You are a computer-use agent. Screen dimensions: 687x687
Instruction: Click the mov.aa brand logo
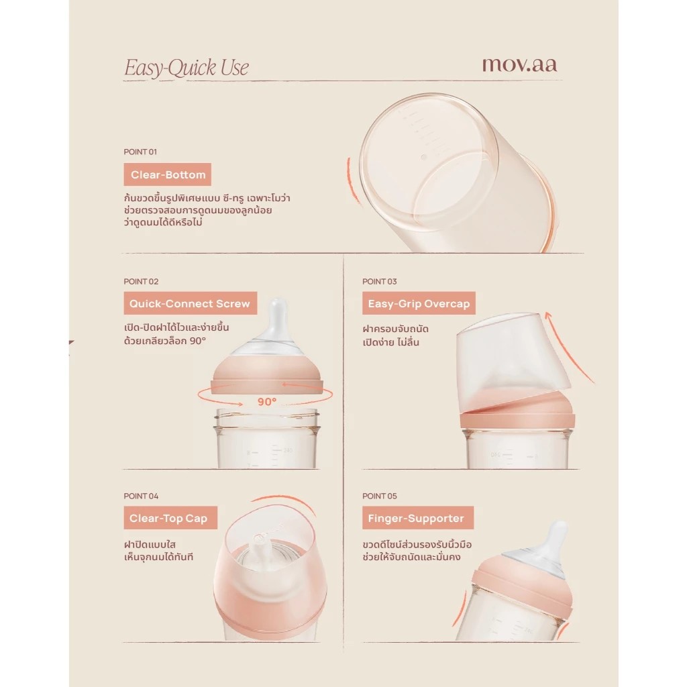click(520, 65)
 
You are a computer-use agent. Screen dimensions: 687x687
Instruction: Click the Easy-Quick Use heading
click(187, 68)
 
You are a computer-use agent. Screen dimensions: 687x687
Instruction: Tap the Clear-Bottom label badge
click(167, 174)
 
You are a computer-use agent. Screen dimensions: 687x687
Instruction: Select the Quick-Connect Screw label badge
click(190, 303)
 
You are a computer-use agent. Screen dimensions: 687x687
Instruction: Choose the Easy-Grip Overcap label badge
click(419, 303)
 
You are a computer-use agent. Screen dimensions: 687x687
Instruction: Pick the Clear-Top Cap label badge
click(170, 518)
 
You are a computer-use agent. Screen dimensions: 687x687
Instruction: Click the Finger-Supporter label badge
click(418, 518)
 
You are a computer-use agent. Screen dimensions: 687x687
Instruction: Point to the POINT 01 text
click(140, 152)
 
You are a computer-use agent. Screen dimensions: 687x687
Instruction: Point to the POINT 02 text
click(141, 281)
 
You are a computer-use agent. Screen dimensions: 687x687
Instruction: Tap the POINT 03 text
click(380, 281)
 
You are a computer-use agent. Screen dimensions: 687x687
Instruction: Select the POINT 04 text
click(141, 496)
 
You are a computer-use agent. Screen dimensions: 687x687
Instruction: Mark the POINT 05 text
click(380, 496)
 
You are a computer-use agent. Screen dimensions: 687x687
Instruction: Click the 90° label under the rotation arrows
click(267, 402)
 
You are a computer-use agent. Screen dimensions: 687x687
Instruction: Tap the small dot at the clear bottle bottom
click(423, 157)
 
